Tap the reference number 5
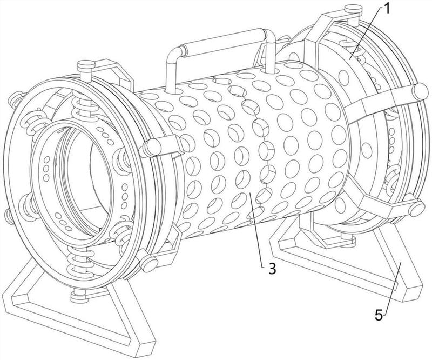pos(380,314)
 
